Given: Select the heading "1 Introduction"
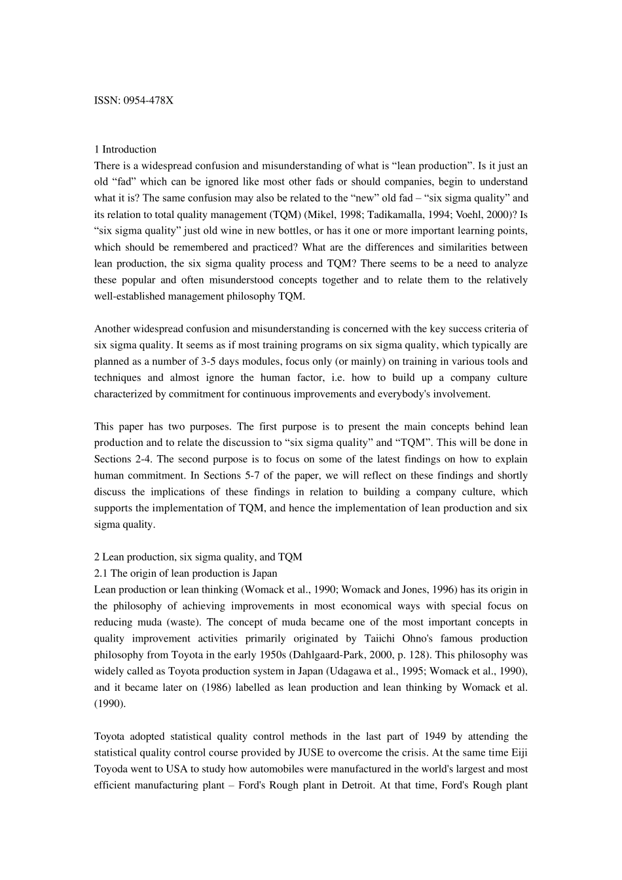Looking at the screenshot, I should (x=125, y=149).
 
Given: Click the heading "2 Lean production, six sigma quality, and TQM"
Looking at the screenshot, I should (x=198, y=557).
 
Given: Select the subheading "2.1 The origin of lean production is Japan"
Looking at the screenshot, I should (x=185, y=574).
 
